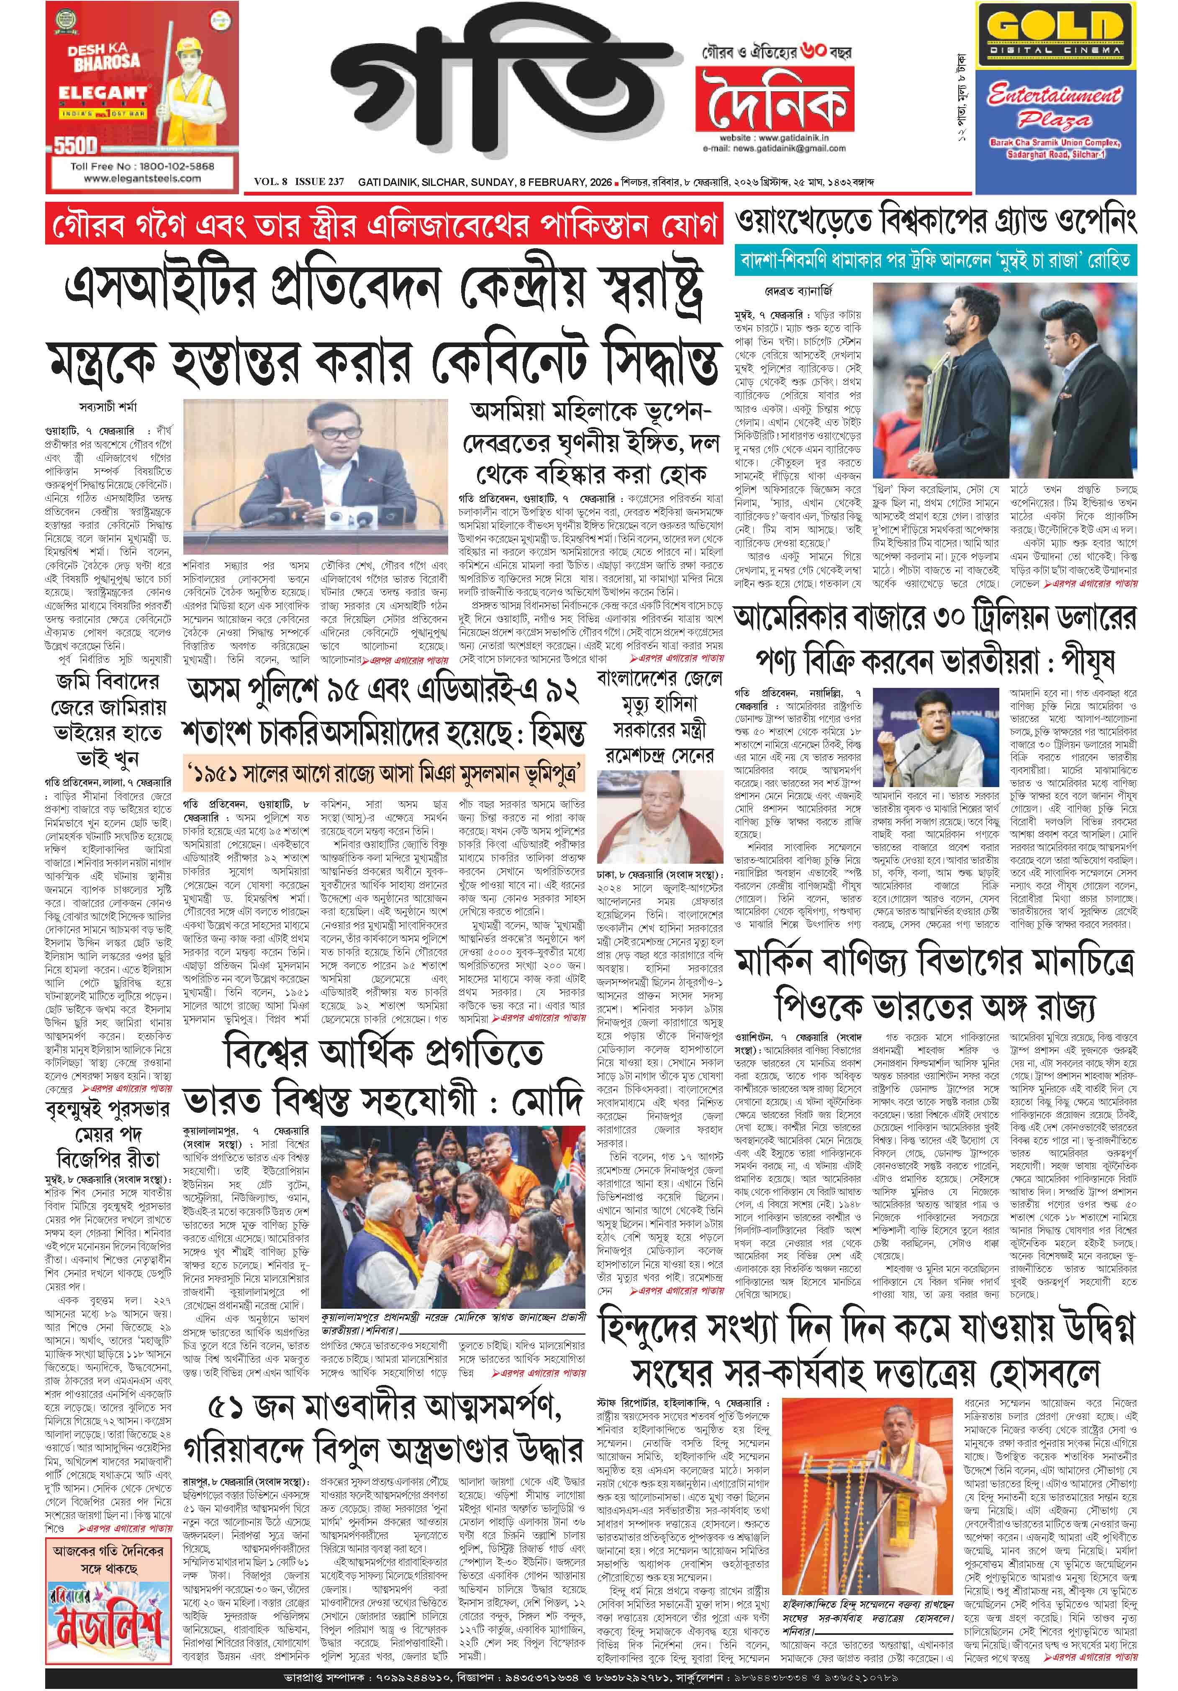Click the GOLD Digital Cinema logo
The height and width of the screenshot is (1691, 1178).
click(x=1054, y=38)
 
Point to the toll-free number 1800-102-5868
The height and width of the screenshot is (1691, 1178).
click(x=142, y=166)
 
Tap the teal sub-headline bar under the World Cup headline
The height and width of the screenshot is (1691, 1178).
click(x=935, y=261)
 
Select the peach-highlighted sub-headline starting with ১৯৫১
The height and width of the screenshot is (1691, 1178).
click(x=384, y=775)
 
